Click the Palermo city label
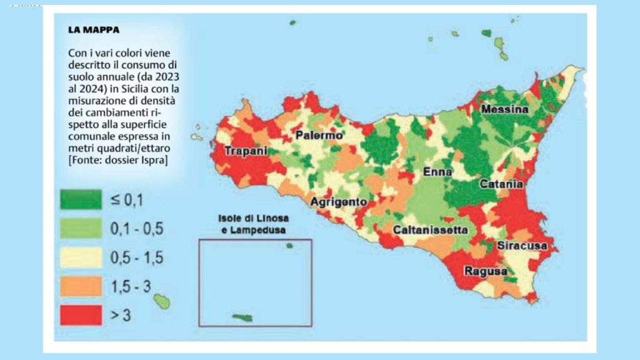(319, 136)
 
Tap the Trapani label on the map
(246, 151)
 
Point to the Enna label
(437, 172)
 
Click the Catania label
(501, 184)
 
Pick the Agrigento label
(338, 202)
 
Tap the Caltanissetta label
(430, 230)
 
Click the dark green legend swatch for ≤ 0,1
(80, 199)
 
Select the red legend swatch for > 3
(80, 315)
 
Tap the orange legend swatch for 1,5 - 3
(80, 286)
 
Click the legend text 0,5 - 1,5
(137, 257)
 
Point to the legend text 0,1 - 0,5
(137, 229)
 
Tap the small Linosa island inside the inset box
(289, 246)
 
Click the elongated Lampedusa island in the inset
(242, 317)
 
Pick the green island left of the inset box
(162, 302)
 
